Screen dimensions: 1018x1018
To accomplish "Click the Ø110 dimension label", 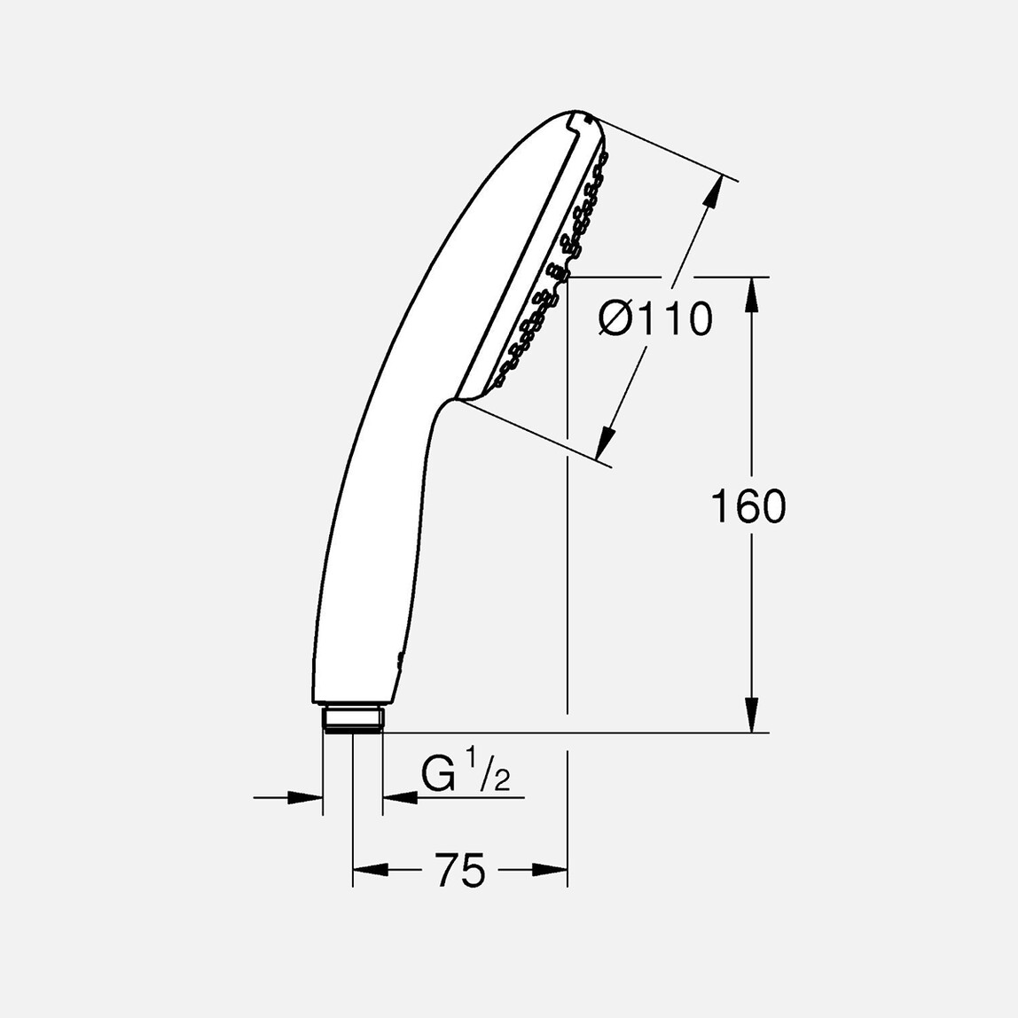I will [x=655, y=319].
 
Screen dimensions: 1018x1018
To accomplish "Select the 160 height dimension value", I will [x=748, y=507].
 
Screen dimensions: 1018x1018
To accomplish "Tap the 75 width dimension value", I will [x=460, y=870].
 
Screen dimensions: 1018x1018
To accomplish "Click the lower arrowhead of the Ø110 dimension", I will [x=607, y=441].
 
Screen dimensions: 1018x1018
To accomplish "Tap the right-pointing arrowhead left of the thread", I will [x=305, y=798].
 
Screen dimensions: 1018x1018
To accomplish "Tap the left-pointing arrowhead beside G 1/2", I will [x=400, y=798].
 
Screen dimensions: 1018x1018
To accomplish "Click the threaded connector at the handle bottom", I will [x=352, y=718].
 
